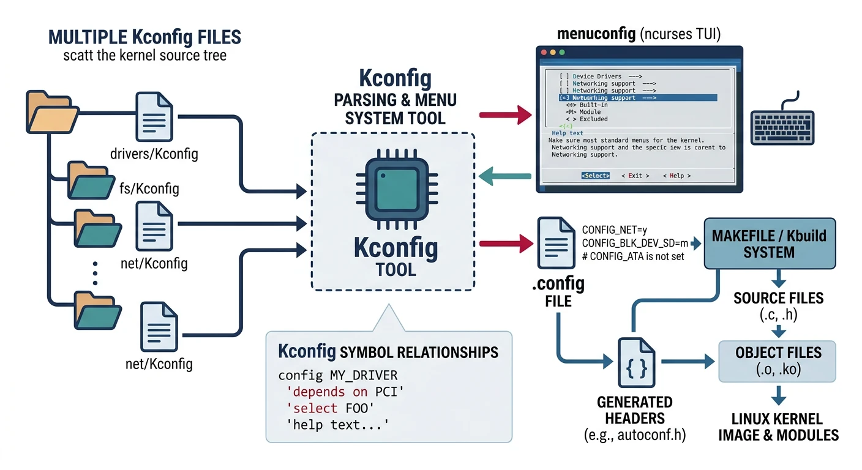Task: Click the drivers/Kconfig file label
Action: [x=154, y=153]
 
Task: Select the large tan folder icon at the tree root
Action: [x=51, y=111]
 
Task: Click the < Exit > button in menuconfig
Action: [x=635, y=176]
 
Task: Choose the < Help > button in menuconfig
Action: [x=676, y=176]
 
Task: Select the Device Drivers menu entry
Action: [x=601, y=76]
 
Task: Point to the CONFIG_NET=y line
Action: [x=614, y=230]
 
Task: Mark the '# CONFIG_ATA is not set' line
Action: [x=633, y=256]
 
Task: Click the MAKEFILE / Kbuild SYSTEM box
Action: [x=769, y=244]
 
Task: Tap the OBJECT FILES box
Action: [x=778, y=360]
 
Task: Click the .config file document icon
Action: [x=556, y=244]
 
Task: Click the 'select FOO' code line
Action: [x=324, y=408]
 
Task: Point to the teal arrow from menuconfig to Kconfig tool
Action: [x=505, y=176]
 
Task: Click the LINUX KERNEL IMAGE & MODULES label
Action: [x=778, y=427]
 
